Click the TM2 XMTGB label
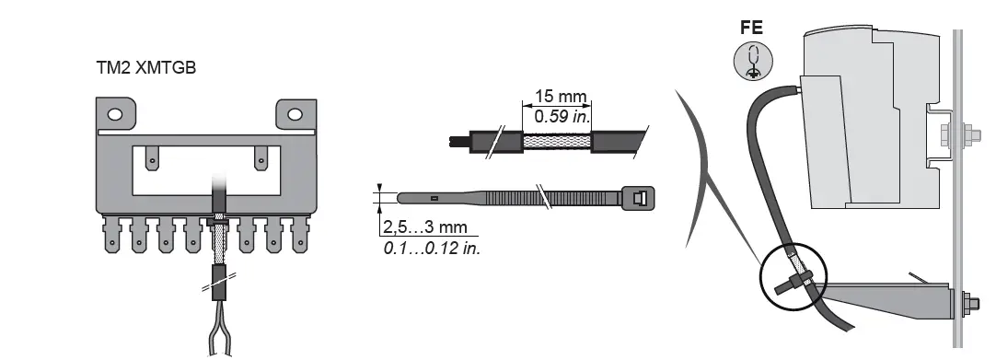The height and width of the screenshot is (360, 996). pos(146,68)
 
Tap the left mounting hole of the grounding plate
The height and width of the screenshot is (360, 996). pos(115,114)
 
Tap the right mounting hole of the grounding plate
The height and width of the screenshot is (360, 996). pos(295,114)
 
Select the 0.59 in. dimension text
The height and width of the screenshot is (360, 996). pos(562,116)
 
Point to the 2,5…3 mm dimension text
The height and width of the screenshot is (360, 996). pos(425,226)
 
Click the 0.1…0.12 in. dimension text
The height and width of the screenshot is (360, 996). pos(432,248)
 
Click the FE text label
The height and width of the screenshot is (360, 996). pos(751,28)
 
